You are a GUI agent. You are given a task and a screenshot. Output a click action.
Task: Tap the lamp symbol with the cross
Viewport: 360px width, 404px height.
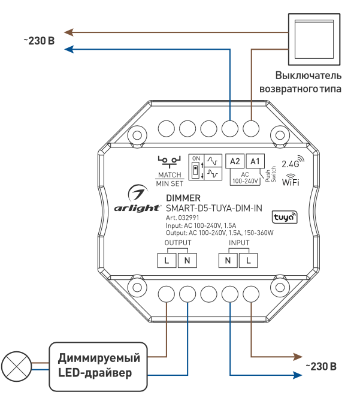[14, 365]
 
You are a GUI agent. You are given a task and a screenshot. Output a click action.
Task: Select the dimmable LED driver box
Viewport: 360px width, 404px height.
[99, 366]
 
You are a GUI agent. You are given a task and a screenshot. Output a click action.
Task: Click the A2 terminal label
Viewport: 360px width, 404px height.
[234, 161]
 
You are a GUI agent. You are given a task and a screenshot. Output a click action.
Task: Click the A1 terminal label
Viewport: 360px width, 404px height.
[255, 161]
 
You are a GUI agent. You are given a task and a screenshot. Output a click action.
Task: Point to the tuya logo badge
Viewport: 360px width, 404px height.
[282, 216]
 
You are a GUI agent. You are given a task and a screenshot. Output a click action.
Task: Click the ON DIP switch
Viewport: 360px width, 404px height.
[196, 168]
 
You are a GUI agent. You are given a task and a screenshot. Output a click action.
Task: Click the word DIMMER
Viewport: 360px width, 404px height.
[183, 198]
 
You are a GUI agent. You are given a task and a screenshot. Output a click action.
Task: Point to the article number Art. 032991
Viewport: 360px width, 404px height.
[182, 218]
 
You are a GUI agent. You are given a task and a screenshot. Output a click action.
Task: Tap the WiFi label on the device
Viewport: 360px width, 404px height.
[291, 181]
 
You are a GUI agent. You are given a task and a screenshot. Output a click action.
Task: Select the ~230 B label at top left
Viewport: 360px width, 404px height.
[40, 41]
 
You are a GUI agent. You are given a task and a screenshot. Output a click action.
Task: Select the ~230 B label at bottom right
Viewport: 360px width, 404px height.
[321, 366]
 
